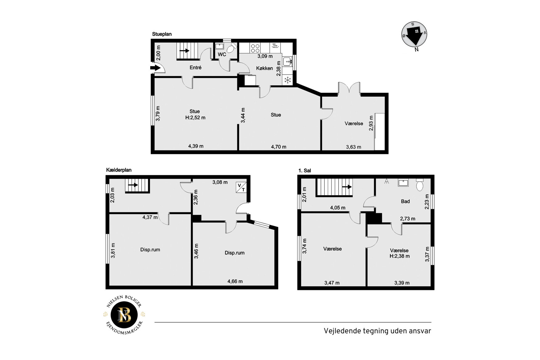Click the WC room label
coord(222,54)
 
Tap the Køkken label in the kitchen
coord(264,68)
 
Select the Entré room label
coord(196,68)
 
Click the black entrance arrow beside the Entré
coord(155,68)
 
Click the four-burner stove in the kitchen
coord(255,48)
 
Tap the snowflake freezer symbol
coord(287,81)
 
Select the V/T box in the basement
coord(241,188)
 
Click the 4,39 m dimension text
coord(196,146)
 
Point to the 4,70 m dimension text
coord(278,147)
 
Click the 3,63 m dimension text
coord(353,147)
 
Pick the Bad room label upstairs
coord(405,201)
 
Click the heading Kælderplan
coord(119,170)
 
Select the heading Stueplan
coord(162,34)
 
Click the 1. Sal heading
coord(304,171)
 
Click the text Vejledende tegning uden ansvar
coord(377,331)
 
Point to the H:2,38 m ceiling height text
coord(400,256)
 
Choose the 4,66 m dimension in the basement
coord(235,281)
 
